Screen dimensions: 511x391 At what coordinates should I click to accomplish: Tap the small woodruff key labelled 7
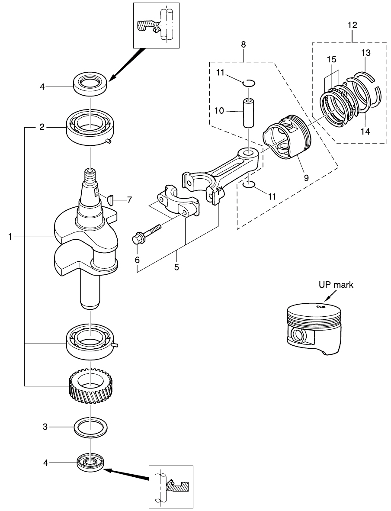(110, 199)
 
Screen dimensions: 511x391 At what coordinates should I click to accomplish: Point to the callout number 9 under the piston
(306, 177)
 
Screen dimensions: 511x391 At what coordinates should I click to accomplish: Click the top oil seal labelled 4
(90, 83)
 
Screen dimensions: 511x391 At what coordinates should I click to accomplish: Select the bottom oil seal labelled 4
(90, 463)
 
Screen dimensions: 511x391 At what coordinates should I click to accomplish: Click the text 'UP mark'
(336, 285)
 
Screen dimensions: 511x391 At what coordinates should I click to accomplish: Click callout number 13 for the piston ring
(366, 53)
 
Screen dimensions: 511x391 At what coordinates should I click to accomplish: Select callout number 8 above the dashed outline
(244, 44)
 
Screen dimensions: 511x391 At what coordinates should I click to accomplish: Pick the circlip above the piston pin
(250, 82)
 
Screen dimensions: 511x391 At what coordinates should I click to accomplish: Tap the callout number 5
(176, 267)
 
